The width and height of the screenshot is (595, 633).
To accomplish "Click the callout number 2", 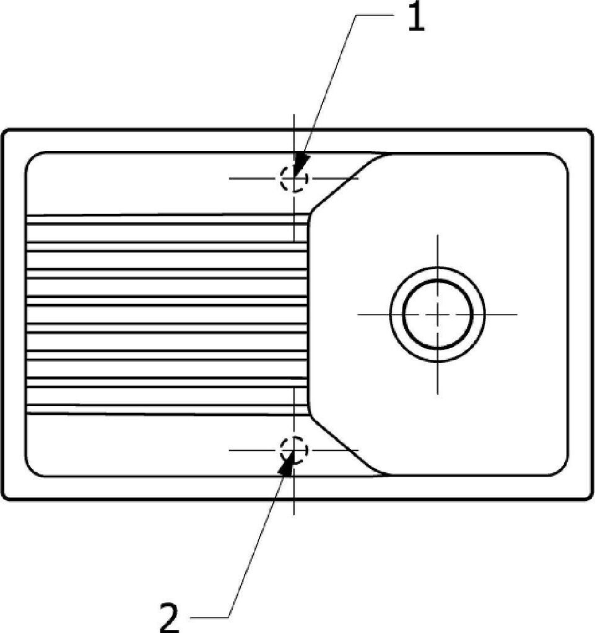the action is coord(169,616).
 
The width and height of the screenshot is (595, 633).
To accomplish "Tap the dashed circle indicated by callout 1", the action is coord(293,179).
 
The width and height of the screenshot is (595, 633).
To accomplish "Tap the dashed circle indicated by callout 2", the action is coord(293,450).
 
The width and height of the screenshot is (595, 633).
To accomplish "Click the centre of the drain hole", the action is coord(438,314).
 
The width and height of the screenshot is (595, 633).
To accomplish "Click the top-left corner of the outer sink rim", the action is coord(5,132).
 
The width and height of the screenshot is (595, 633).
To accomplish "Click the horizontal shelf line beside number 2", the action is coord(211,617).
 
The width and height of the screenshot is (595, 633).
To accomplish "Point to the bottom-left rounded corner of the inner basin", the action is coord(34,468).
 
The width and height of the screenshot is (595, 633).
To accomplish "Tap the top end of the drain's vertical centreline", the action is coord(438,236).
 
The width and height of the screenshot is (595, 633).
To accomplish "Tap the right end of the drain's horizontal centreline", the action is coord(516,314).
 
